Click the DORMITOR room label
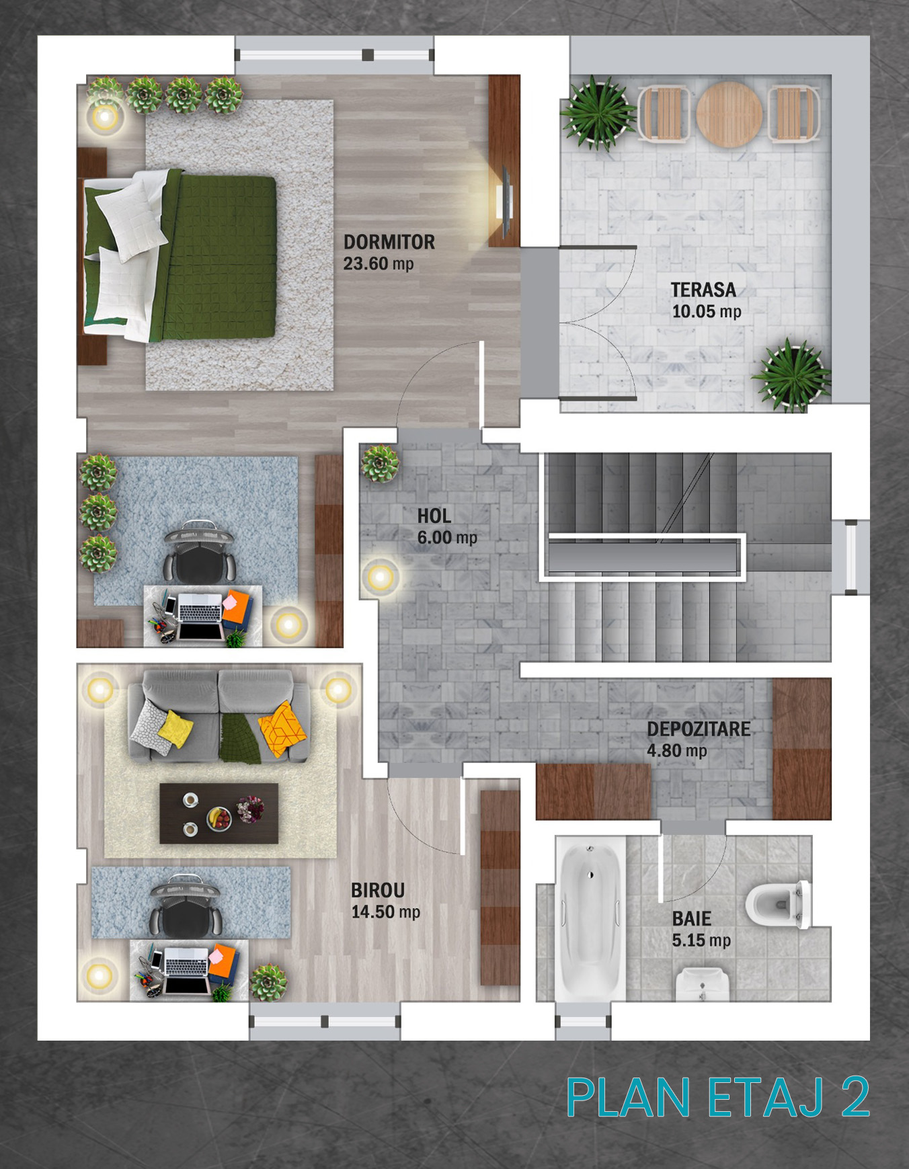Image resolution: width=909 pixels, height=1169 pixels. pyautogui.click(x=389, y=242)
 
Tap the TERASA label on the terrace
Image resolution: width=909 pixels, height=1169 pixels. pyautogui.click(x=703, y=290)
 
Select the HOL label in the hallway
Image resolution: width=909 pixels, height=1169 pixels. pyautogui.click(x=434, y=516)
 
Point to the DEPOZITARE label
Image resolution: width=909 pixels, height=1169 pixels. pyautogui.click(x=699, y=729)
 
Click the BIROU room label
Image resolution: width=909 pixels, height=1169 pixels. pyautogui.click(x=378, y=891)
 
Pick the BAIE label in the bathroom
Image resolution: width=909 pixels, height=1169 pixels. pyautogui.click(x=692, y=919)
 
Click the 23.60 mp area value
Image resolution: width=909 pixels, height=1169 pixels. pyautogui.click(x=379, y=264)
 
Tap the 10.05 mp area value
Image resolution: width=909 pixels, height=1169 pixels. pyautogui.click(x=707, y=311)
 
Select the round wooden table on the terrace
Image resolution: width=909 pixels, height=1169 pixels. pyautogui.click(x=729, y=114)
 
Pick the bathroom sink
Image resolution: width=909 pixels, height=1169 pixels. pyautogui.click(x=702, y=984)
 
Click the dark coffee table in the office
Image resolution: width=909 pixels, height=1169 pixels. pyautogui.click(x=219, y=813)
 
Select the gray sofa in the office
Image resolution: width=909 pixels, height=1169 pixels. pyautogui.click(x=219, y=715)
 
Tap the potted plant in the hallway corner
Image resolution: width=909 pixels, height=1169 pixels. pyautogui.click(x=381, y=463)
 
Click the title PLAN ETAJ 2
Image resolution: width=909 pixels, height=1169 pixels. pyautogui.click(x=718, y=1098)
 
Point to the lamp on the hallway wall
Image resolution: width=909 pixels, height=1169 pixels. pyautogui.click(x=381, y=577)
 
